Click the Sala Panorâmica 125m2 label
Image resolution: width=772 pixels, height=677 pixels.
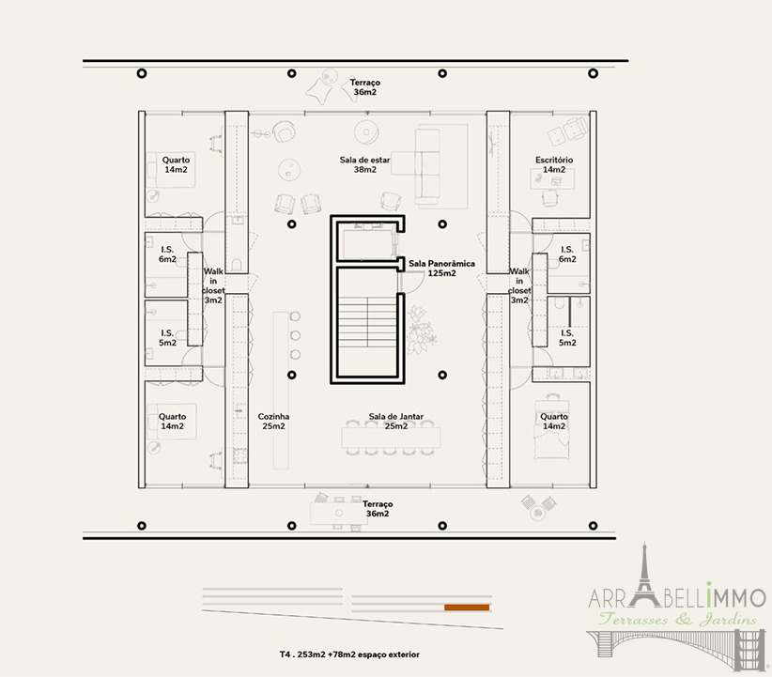(441, 269)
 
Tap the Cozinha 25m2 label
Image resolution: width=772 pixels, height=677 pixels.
(273, 422)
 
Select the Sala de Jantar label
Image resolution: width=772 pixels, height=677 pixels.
(395, 417)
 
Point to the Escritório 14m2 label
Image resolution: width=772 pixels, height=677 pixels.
(554, 164)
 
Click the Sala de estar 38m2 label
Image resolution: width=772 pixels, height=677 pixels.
(364, 164)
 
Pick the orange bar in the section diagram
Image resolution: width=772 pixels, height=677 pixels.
(467, 608)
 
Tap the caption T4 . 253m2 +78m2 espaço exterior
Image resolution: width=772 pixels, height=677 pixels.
(349, 654)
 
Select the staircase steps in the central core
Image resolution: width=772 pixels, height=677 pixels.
(367, 321)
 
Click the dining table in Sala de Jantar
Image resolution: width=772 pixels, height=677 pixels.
(391, 438)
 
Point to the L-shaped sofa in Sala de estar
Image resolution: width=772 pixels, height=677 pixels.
(428, 166)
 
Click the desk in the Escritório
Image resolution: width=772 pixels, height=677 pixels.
(552, 179)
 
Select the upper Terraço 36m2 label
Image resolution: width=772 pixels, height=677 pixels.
(364, 87)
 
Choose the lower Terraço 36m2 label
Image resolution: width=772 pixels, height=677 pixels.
(378, 509)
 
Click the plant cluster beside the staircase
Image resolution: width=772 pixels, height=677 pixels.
(422, 326)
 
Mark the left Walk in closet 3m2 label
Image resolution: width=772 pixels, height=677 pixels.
(213, 285)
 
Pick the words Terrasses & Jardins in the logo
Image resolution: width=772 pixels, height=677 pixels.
(677, 619)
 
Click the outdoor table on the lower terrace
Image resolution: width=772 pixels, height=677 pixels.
(339, 513)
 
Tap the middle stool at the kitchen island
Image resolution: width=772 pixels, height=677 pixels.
(296, 335)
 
